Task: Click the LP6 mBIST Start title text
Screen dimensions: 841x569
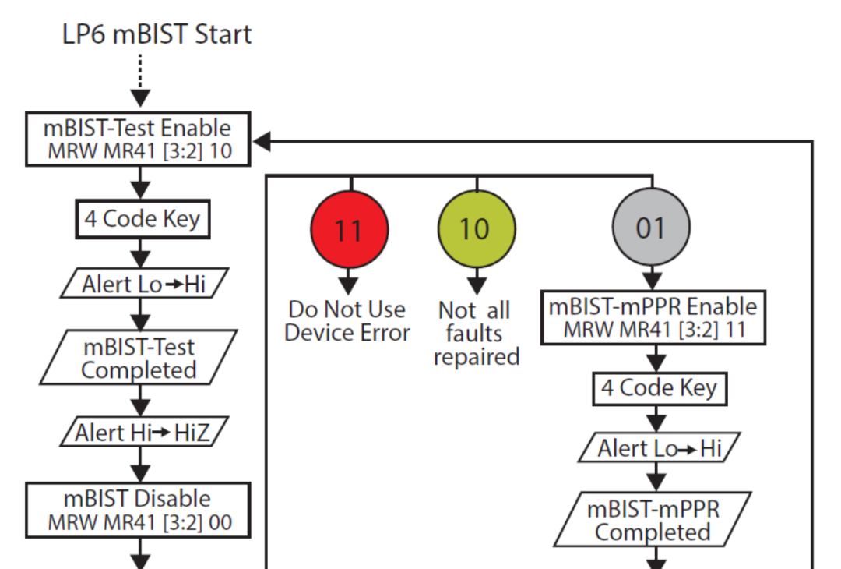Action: pos(157,34)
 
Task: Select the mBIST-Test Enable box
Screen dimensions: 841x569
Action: pos(139,139)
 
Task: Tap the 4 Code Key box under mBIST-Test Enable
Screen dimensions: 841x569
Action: pos(143,219)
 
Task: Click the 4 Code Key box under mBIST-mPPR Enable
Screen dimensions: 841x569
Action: pos(660,389)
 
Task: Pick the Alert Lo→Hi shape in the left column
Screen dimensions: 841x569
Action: pos(144,283)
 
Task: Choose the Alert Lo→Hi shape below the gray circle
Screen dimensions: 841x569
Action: pos(660,447)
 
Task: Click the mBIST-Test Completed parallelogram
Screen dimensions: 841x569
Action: pos(139,358)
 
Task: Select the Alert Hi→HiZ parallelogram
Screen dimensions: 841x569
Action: pos(144,432)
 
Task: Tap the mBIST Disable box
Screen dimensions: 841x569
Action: pos(139,510)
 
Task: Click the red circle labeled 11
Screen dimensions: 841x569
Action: pos(349,229)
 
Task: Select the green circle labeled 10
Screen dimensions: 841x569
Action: pos(477,229)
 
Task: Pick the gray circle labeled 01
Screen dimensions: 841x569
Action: pos(651,227)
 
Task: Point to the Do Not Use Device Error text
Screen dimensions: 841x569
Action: pos(347,321)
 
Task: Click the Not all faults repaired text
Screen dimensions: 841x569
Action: pos(477,334)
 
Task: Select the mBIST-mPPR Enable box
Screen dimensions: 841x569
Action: pos(653,317)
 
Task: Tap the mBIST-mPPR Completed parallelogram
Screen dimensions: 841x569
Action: pos(653,520)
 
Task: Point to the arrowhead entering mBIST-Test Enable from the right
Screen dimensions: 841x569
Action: pos(261,142)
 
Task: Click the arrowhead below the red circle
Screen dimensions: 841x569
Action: pos(349,285)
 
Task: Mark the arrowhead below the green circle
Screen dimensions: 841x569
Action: pos(477,285)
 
